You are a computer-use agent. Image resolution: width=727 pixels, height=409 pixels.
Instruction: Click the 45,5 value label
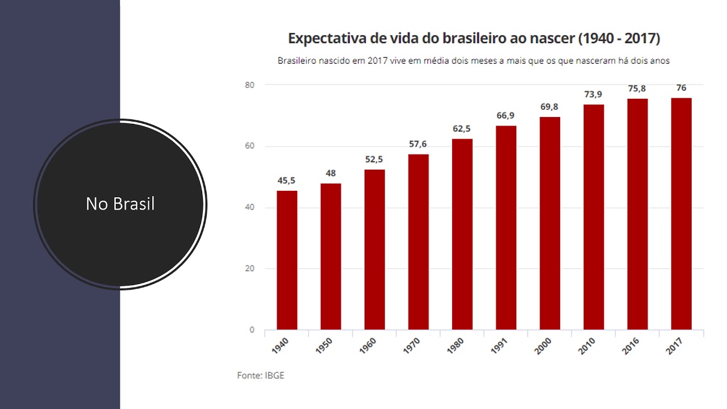(286, 181)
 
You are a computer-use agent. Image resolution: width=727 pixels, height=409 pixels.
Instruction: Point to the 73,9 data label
(594, 94)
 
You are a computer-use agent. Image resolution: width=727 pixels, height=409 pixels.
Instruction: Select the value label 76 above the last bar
(681, 88)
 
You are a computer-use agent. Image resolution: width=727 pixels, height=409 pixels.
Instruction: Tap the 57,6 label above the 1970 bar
(418, 144)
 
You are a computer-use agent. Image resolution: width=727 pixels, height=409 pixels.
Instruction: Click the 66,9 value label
(505, 116)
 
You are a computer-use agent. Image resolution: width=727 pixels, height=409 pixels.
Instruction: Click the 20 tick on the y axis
(250, 269)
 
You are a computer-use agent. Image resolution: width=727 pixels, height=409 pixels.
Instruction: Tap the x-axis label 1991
(499, 345)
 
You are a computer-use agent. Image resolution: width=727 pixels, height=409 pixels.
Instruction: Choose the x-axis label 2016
(630, 345)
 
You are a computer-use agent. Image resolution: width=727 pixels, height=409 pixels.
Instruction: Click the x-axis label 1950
(324, 345)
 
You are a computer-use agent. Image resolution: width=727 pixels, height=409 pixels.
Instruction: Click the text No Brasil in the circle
(120, 204)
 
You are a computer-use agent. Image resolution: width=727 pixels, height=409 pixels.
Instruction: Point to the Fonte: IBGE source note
(260, 375)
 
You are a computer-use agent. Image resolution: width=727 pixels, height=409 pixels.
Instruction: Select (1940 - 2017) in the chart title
(619, 39)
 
